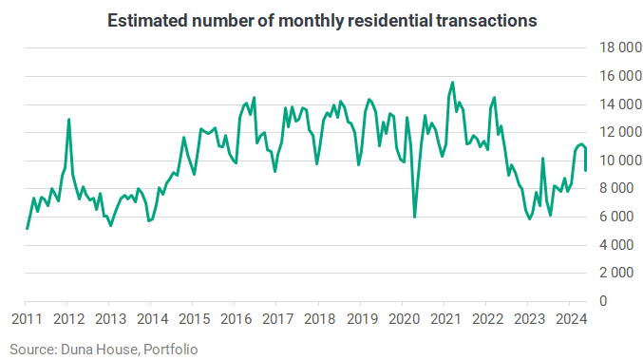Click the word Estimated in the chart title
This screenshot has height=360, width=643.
click(147, 21)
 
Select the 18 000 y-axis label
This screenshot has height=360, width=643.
click(620, 47)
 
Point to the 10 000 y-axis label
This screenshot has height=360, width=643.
click(620, 161)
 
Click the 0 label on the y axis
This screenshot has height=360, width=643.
click(603, 301)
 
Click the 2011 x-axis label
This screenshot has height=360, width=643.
click(27, 319)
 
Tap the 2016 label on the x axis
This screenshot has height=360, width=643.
click(236, 319)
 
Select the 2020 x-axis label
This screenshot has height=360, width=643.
click(404, 319)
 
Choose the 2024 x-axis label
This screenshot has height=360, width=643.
click(571, 319)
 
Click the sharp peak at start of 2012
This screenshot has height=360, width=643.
click(68, 120)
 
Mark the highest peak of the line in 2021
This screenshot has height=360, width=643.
click(452, 83)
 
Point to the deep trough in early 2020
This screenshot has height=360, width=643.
click(415, 217)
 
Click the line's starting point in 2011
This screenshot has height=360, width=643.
click(27, 228)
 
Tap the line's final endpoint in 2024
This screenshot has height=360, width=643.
click(586, 171)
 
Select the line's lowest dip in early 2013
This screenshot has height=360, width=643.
click(111, 225)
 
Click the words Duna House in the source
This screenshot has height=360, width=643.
click(100, 350)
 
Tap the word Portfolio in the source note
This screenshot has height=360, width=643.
click(171, 350)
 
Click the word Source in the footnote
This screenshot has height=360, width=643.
click(32, 350)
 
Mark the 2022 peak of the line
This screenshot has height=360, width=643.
click(494, 98)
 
